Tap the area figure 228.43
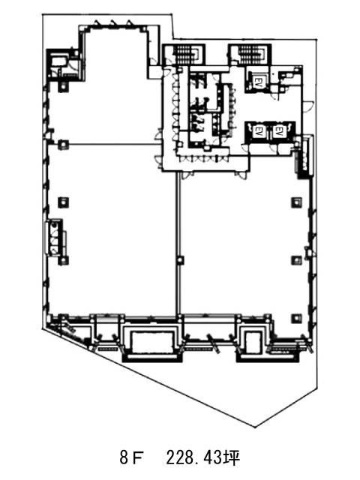[195, 458]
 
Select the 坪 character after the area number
[232, 458]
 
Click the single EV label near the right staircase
[258, 81]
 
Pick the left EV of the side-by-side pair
[257, 132]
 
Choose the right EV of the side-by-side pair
[278, 132]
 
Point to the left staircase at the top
[187, 55]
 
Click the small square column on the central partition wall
[180, 260]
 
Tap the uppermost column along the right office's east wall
[296, 202]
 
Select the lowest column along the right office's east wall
[296, 318]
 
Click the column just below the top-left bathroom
[63, 87]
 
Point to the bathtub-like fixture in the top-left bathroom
[58, 61]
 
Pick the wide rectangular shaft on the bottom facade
[152, 342]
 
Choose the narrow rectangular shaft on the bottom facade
[253, 342]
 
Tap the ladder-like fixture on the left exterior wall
[55, 237]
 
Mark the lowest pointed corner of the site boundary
[255, 427]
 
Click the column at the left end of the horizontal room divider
[64, 144]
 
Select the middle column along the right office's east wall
[296, 260]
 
